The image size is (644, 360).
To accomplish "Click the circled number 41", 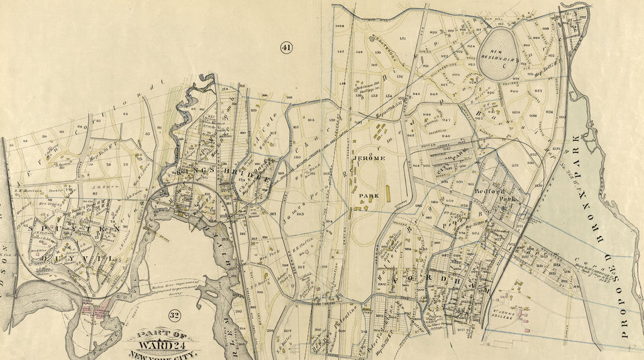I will point(287,47).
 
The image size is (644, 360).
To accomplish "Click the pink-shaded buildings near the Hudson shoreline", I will point(94,309).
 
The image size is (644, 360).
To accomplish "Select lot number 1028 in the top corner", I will point(341,26).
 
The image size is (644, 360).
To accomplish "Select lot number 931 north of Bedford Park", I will point(515,166).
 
